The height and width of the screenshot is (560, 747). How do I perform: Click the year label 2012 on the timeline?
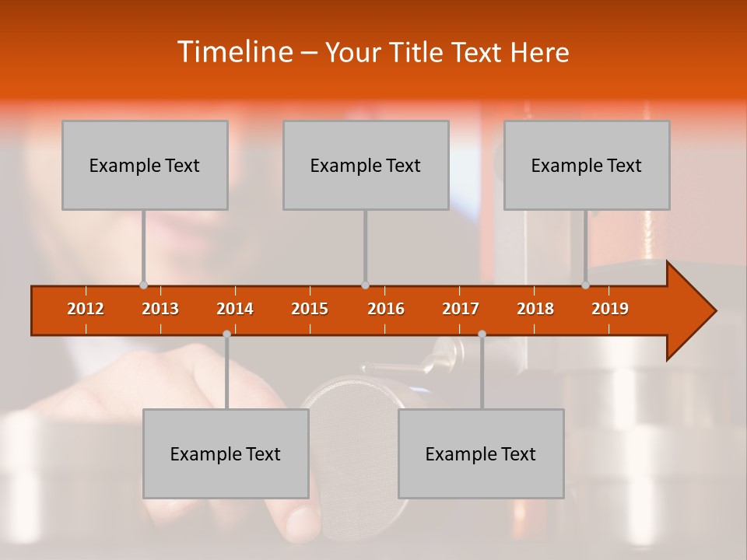point(86,309)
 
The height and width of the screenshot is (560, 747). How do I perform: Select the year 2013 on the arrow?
point(160,309)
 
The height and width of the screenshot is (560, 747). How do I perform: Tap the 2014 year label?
point(235,309)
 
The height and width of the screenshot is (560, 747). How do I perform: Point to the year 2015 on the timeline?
point(310,309)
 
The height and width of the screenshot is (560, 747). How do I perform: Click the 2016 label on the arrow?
point(386,309)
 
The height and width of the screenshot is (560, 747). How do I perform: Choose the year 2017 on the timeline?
point(461,309)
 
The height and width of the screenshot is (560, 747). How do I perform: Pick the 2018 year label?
point(535,309)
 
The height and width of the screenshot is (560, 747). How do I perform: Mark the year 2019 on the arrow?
point(610,309)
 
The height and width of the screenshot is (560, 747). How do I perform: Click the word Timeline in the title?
point(233,52)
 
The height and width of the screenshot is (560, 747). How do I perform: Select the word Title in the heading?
point(418,53)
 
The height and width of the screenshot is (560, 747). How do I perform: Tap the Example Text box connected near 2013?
point(145,165)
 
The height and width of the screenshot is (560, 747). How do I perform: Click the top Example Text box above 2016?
point(366,165)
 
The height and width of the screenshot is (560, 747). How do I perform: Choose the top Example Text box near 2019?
point(587,165)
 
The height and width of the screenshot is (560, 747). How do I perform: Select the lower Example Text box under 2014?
point(226,453)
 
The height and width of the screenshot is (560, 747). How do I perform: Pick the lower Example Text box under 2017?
point(481,453)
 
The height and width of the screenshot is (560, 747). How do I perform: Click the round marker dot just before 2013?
point(143,285)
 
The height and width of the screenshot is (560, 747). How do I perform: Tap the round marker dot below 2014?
point(226,334)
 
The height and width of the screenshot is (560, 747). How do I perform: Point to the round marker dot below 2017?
point(482,334)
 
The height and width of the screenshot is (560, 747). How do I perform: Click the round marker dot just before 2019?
point(585,285)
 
